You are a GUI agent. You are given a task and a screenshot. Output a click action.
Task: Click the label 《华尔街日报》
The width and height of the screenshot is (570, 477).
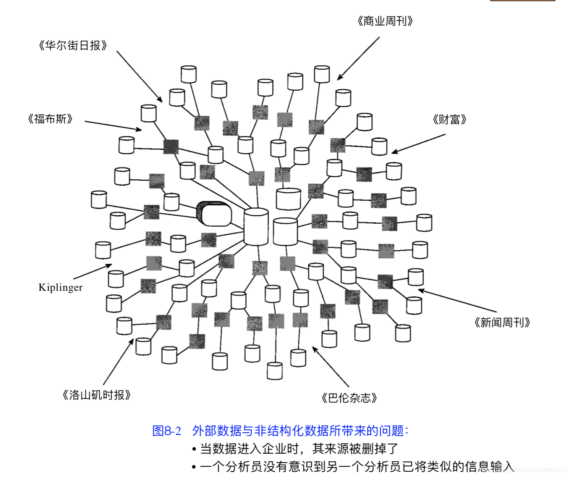(x=73, y=46)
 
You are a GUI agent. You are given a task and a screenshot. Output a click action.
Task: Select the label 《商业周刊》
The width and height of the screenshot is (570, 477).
(x=385, y=21)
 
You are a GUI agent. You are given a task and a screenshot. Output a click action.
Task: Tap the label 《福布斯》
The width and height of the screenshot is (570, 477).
(x=50, y=119)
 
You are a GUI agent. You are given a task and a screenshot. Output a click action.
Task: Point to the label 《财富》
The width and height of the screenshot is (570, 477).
(x=450, y=120)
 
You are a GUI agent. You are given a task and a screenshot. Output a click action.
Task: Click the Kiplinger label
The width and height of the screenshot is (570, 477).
(x=60, y=287)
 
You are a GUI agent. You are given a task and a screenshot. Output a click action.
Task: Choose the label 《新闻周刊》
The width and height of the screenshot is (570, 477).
(x=502, y=323)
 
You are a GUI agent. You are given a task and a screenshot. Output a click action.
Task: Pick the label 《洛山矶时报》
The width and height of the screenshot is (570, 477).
(x=97, y=395)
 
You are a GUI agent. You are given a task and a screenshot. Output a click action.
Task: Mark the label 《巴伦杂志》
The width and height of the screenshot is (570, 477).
(x=349, y=398)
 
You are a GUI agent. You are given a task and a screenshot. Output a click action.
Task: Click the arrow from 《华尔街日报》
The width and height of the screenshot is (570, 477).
(x=139, y=76)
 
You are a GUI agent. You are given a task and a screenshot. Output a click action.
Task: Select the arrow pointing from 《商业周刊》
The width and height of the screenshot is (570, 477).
(x=358, y=58)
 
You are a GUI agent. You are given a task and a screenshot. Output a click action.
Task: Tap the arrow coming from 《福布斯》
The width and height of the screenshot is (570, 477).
(x=113, y=126)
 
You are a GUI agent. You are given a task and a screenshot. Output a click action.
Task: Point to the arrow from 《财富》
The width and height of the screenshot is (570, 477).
(x=419, y=143)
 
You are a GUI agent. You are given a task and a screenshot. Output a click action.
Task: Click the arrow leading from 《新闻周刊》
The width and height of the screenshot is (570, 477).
(x=457, y=301)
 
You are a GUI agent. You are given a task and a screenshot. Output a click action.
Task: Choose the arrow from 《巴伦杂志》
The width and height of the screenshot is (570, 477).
(x=330, y=367)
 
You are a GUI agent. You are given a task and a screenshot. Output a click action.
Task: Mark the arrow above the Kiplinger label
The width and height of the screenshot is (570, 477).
(x=92, y=272)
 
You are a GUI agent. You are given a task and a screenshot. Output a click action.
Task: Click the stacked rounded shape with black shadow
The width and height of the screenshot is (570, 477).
(x=214, y=214)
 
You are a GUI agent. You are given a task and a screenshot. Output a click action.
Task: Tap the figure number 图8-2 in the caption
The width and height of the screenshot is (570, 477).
(x=167, y=431)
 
